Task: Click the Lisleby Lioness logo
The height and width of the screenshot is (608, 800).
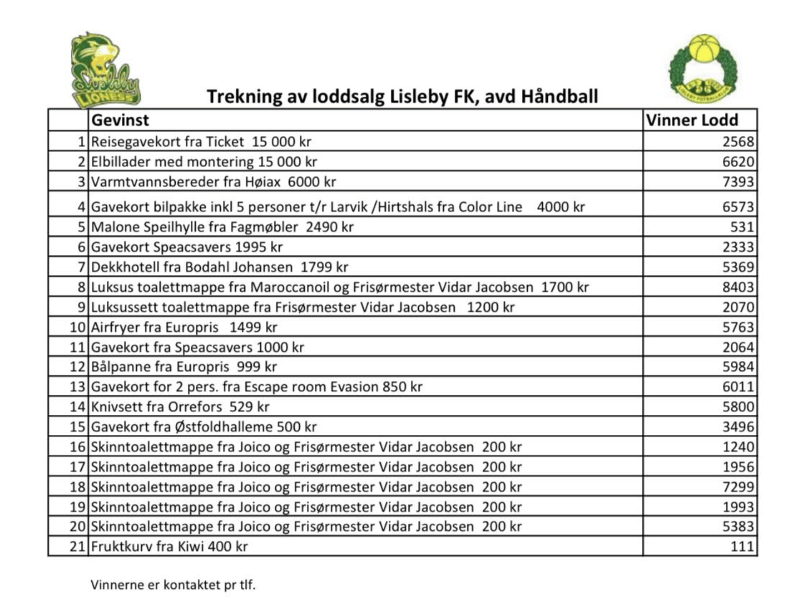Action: pyautogui.click(x=105, y=71)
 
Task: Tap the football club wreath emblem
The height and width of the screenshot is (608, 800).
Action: pyautogui.click(x=703, y=68)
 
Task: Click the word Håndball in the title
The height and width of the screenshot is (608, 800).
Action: pyautogui.click(x=559, y=97)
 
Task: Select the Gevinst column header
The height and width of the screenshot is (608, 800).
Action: pyautogui.click(x=120, y=120)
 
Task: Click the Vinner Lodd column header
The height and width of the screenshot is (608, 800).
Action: pyautogui.click(x=692, y=120)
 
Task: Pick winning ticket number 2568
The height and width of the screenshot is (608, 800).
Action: pyautogui.click(x=738, y=142)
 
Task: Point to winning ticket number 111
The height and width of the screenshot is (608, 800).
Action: pyautogui.click(x=742, y=546)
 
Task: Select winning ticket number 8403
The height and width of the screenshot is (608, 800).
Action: pyautogui.click(x=738, y=287)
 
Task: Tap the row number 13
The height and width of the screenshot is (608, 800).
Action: pyautogui.click(x=78, y=387)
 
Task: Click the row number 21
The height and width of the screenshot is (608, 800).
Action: pyautogui.click(x=78, y=546)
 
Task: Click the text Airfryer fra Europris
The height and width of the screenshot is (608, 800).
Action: pyautogui.click(x=155, y=327)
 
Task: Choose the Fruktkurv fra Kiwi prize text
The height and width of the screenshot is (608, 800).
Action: pyautogui.click(x=169, y=546)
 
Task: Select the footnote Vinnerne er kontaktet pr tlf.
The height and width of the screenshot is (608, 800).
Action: pyautogui.click(x=173, y=585)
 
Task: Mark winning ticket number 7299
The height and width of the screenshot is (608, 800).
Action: pyautogui.click(x=738, y=487)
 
